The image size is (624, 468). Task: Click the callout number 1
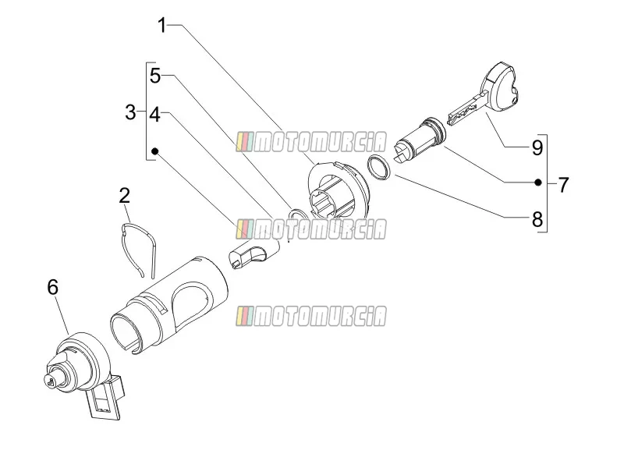[161, 26]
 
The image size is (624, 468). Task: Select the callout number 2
[125, 196]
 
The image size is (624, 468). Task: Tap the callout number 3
[130, 112]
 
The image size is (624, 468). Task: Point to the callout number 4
[154, 115]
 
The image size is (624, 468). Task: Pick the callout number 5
[155, 76]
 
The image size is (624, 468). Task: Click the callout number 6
[53, 287]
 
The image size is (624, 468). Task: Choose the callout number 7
[562, 185]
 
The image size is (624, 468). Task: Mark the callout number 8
[537, 219]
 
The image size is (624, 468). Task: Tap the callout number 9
[537, 147]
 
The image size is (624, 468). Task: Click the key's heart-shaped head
[499, 87]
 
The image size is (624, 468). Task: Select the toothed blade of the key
[467, 108]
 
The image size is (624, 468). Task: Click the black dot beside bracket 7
[537, 183]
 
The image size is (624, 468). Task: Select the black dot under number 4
[155, 151]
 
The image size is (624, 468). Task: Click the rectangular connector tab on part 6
[105, 399]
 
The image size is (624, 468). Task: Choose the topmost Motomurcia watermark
[311, 142]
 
